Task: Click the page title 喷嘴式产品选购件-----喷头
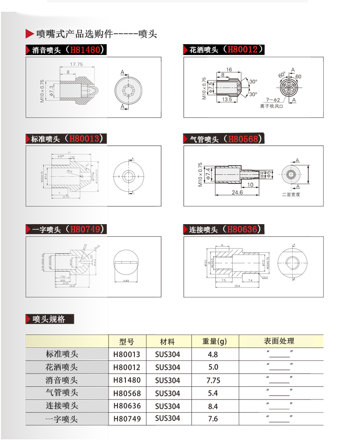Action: tap(96, 34)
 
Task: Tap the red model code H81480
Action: tap(85, 50)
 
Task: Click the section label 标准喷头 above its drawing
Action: tap(46, 139)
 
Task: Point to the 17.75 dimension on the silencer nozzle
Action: tap(76, 64)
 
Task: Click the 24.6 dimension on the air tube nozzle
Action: tap(237, 193)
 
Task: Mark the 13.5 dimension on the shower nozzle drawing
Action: tap(227, 100)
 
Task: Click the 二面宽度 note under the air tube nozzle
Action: tap(291, 194)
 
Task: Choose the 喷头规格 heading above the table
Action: tap(49, 319)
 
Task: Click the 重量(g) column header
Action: tap(214, 341)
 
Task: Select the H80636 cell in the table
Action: tap(127, 406)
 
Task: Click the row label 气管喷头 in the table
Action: tap(62, 393)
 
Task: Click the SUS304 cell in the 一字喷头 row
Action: tap(167, 418)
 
